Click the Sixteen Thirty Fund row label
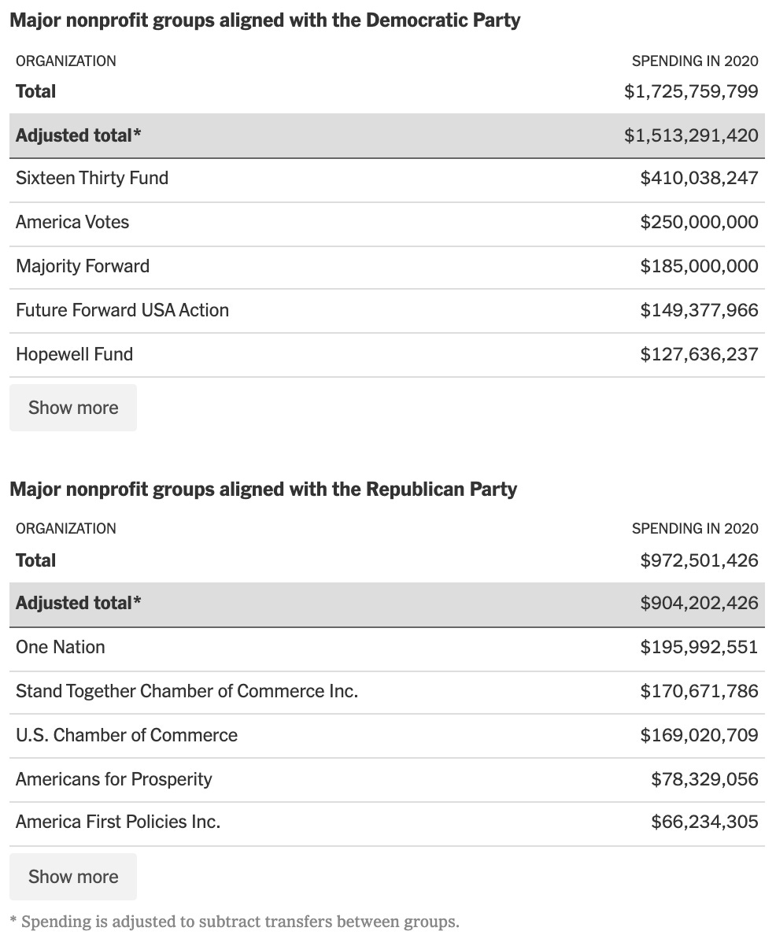[92, 178]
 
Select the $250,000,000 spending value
[699, 222]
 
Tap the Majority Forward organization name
[83, 266]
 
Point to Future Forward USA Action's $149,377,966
[699, 310]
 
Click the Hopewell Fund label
[74, 354]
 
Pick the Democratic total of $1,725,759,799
[691, 91]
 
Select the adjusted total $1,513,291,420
[691, 135]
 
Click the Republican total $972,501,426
[699, 560]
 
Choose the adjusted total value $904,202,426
[699, 603]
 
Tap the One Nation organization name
[60, 647]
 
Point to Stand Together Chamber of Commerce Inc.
[187, 691]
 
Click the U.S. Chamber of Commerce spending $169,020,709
[699, 735]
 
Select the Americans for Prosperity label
[114, 779]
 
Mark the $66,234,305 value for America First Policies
[704, 822]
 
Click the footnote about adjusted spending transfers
[234, 921]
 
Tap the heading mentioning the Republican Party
[263, 489]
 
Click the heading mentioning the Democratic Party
[264, 20]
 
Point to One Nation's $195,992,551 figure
[699, 647]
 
